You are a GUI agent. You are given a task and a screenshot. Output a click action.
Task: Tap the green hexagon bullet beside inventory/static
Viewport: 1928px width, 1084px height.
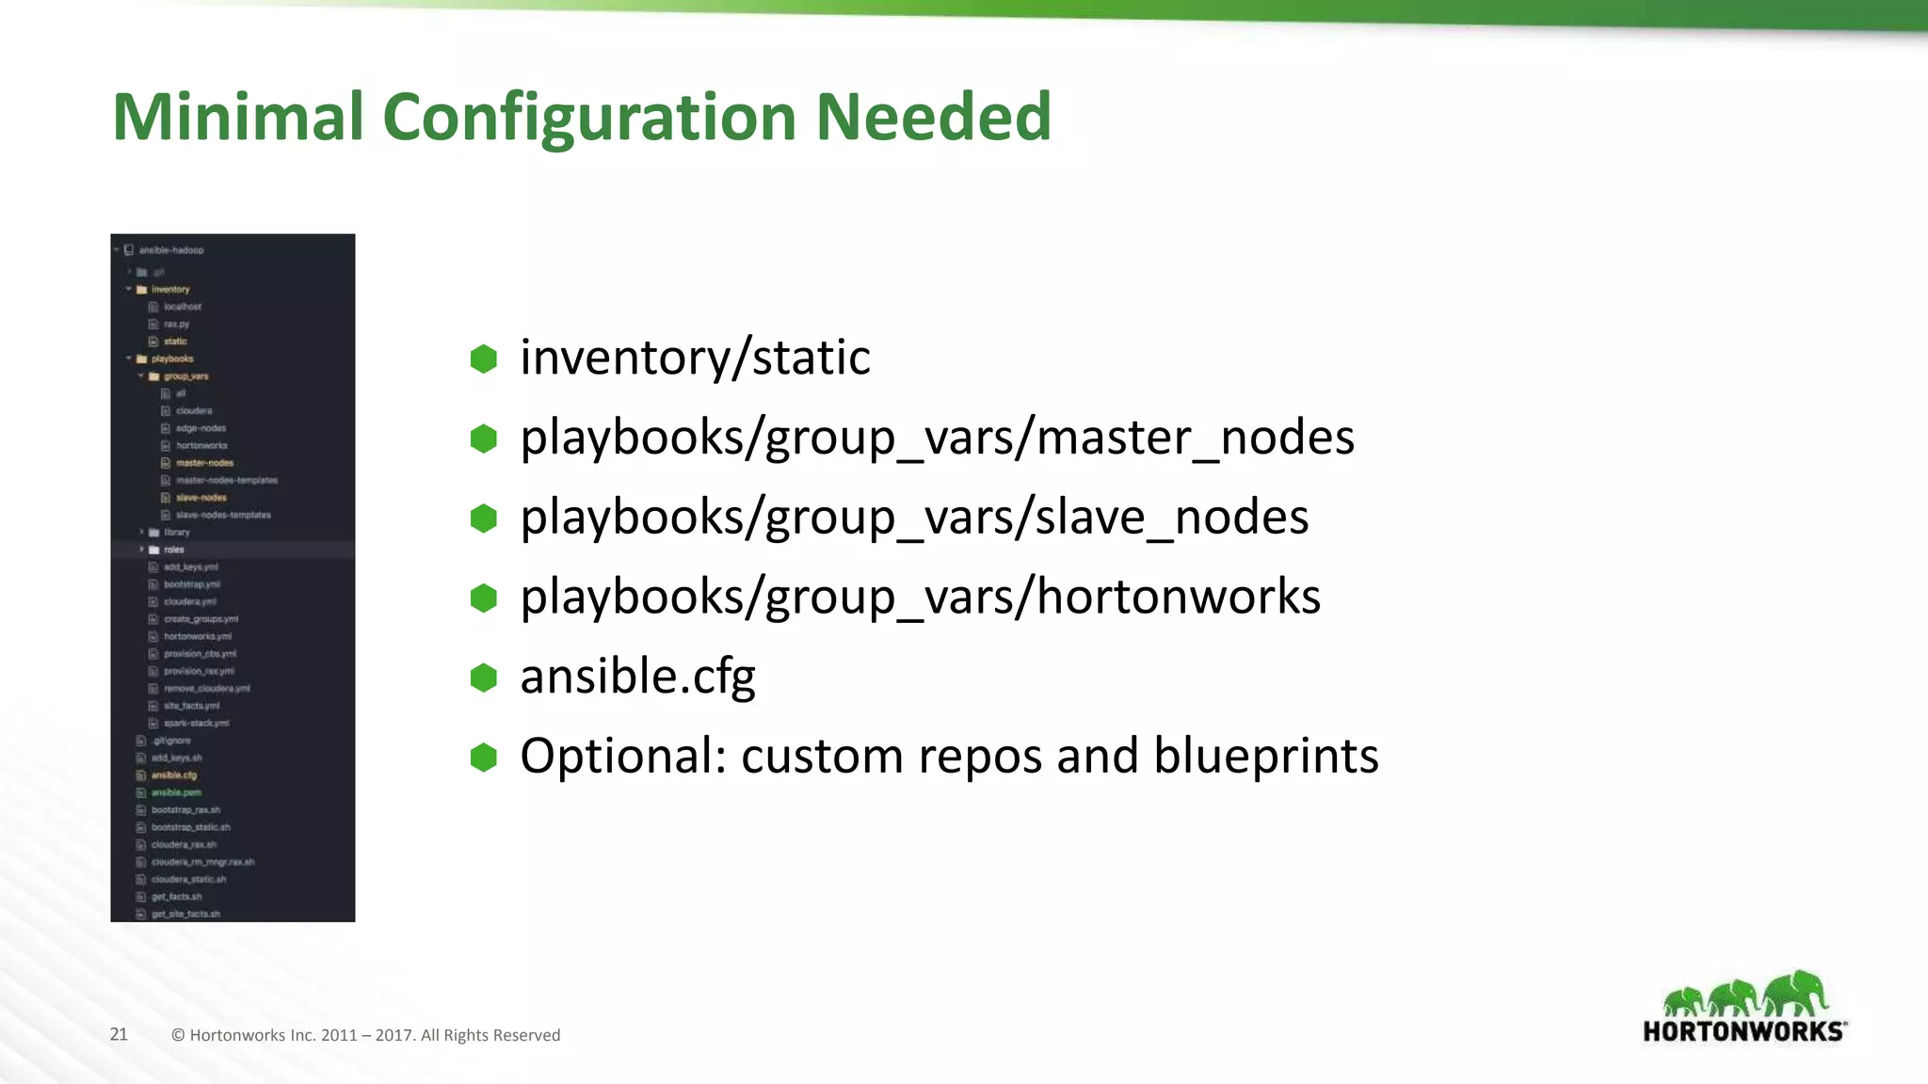pos(484,359)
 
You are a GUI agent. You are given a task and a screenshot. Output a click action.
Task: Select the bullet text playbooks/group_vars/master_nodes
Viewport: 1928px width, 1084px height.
pos(937,438)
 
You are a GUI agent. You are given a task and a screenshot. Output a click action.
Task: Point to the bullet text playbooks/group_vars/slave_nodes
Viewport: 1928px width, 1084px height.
pos(914,518)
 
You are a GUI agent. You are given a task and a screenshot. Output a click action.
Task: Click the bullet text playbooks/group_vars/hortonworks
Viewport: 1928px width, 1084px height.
pos(920,597)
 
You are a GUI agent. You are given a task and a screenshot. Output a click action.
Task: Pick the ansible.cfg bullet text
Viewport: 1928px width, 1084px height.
pos(637,677)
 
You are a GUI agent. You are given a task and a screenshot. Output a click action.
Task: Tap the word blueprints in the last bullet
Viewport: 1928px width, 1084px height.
pos(1265,756)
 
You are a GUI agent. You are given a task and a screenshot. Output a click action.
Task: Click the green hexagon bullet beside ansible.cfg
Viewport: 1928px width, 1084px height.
pos(484,677)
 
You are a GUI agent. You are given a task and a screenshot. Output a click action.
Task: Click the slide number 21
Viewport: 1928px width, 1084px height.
pos(119,1034)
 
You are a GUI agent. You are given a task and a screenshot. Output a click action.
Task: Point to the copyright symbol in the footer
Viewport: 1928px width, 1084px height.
pos(178,1035)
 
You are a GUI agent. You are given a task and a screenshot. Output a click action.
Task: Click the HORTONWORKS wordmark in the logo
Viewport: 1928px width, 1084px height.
pos(1743,1031)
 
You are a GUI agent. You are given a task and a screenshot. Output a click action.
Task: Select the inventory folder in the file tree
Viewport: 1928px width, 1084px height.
pos(170,290)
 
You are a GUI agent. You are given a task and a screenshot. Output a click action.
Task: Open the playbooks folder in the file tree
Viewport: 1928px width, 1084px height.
pos(172,359)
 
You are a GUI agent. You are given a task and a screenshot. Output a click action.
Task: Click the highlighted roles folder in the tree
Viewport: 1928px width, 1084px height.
pos(174,550)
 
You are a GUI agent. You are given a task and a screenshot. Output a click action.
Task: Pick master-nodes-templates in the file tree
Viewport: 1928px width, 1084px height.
pos(227,480)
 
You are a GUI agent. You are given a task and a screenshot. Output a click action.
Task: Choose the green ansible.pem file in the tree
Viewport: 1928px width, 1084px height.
pos(176,792)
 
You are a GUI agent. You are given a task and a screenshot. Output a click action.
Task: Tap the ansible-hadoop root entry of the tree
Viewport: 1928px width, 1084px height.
pos(170,250)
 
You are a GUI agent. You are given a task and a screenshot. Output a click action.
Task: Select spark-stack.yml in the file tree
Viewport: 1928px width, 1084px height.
pos(196,723)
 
